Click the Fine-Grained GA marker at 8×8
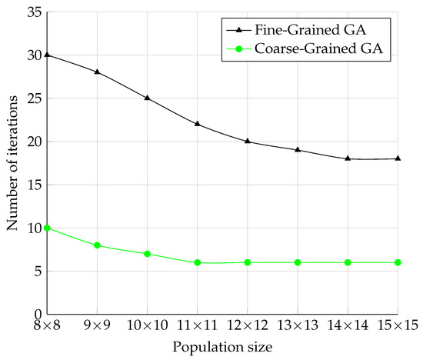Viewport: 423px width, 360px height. click(47, 55)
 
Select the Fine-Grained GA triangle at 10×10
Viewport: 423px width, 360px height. click(147, 98)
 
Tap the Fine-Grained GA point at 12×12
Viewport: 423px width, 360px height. click(248, 141)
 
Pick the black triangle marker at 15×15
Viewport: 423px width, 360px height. click(398, 158)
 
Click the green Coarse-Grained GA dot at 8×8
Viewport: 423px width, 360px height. click(47, 228)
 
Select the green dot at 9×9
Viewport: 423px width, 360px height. click(97, 245)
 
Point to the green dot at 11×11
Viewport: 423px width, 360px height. click(198, 262)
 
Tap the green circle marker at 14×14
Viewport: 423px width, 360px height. click(348, 262)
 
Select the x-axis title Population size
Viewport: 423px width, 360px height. click(222, 348)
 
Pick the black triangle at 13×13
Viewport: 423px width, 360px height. click(298, 150)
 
